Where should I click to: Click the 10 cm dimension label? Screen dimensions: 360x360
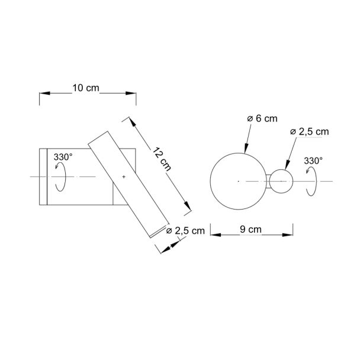[x=86, y=88]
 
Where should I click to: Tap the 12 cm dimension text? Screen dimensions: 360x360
[x=162, y=159]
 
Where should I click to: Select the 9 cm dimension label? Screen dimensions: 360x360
[x=250, y=229]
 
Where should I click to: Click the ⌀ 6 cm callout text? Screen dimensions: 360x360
[x=262, y=118]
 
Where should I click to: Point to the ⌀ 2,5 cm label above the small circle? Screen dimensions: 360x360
[x=310, y=132]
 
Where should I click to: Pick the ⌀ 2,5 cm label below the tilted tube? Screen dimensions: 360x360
[x=185, y=231]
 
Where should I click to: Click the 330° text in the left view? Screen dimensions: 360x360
[x=63, y=157]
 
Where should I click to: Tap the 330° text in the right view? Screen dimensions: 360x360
[x=313, y=161]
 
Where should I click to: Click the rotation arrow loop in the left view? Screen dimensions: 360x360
[x=65, y=177]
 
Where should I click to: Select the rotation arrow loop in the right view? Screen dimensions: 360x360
[x=316, y=181]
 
